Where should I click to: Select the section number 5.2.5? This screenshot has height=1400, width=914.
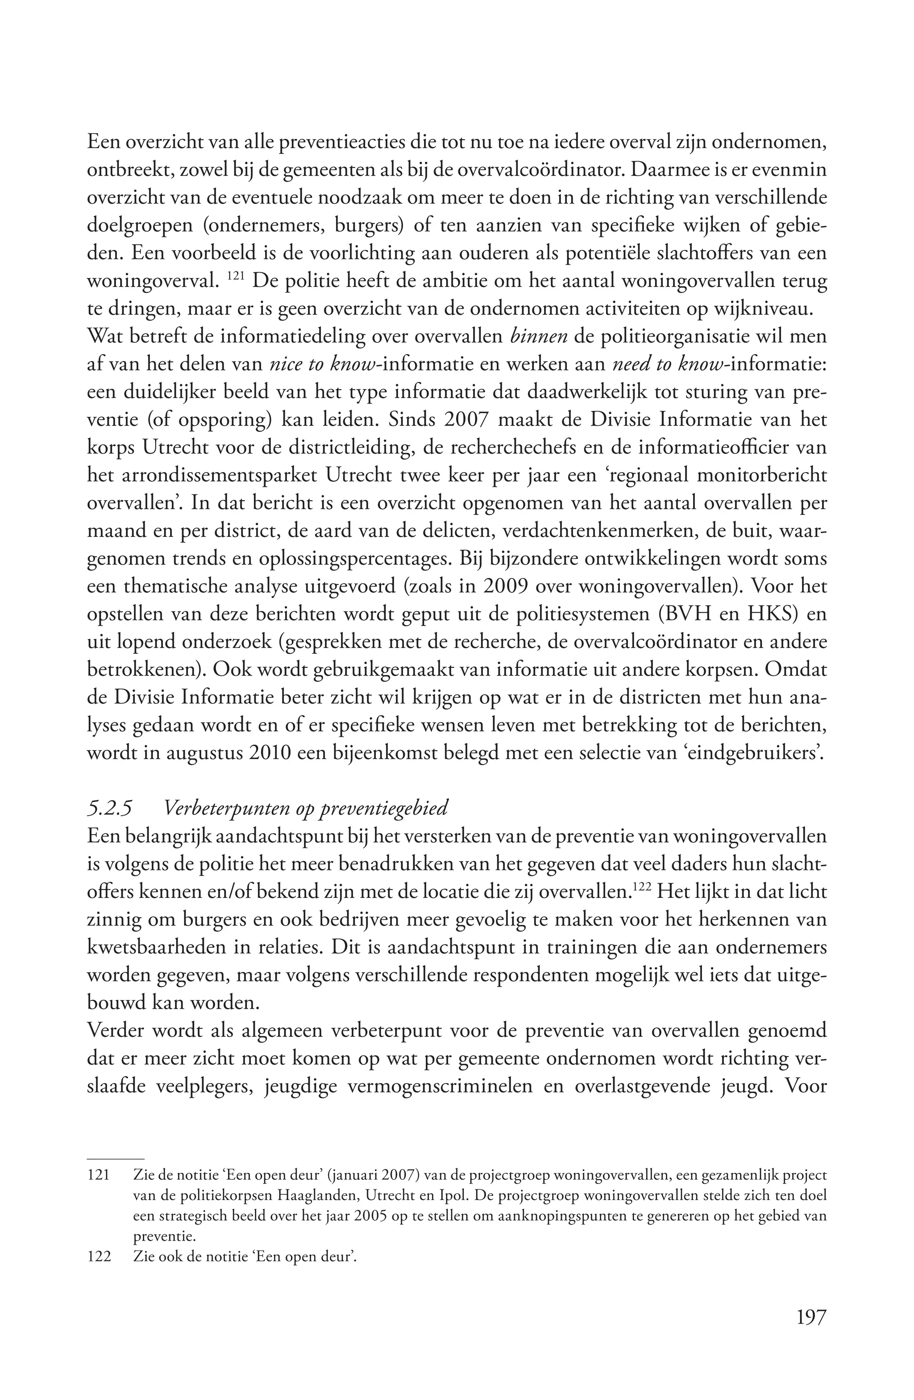[x=109, y=808]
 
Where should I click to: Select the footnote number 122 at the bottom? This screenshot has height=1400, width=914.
[x=99, y=1258]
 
